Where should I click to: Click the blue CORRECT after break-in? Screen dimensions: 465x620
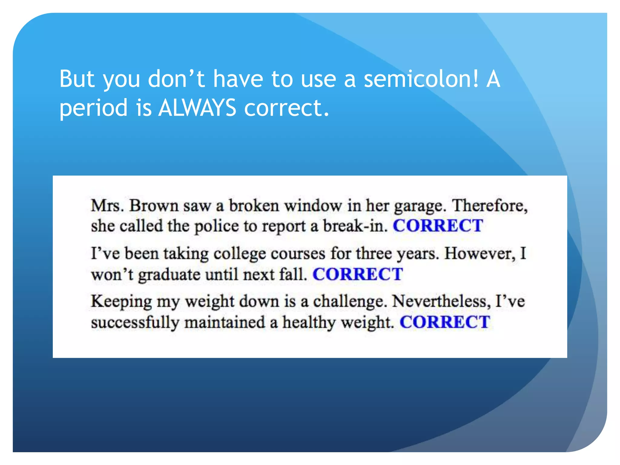click(x=438, y=226)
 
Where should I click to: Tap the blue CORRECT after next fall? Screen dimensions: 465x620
click(x=358, y=274)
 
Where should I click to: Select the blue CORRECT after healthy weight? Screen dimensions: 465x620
click(x=445, y=322)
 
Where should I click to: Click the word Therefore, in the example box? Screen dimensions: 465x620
click(x=490, y=206)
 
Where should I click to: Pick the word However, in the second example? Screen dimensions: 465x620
click(x=480, y=254)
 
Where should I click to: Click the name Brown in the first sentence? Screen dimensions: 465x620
click(x=154, y=206)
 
